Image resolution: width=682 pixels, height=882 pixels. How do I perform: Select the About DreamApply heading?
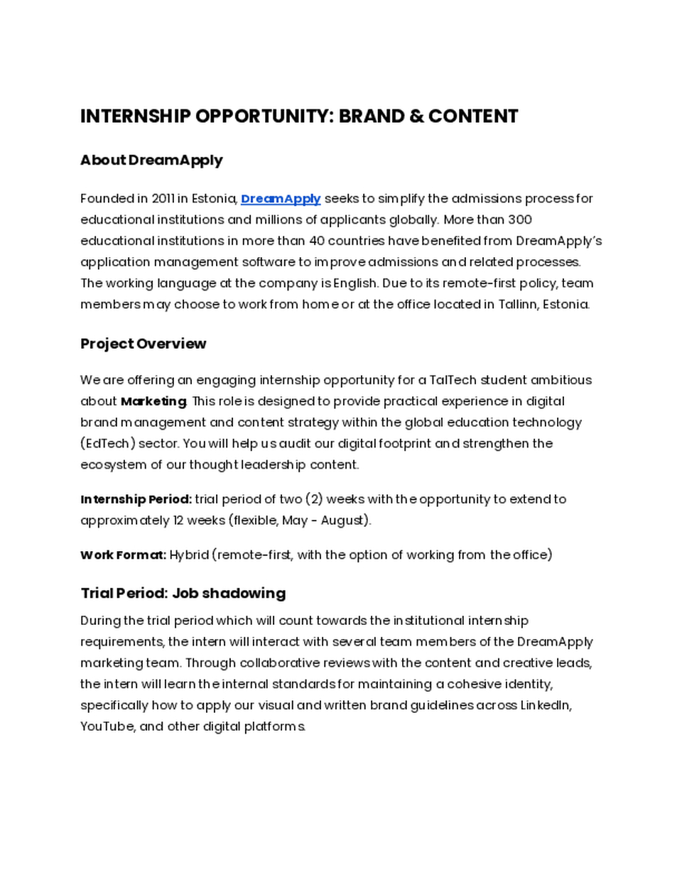151,160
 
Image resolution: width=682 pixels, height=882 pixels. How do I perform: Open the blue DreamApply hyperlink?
281,199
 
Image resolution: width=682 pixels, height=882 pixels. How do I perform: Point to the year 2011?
163,199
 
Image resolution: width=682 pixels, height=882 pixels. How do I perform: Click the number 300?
520,219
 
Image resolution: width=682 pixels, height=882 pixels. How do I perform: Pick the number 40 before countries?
317,241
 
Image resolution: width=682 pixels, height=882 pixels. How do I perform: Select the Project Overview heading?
143,344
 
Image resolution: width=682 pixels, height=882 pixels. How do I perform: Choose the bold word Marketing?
153,402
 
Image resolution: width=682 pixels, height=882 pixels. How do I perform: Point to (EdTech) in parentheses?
107,444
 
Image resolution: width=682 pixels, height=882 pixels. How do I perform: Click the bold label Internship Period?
136,499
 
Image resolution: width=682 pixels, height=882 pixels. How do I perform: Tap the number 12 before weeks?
178,521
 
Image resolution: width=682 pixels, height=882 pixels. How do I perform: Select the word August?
343,521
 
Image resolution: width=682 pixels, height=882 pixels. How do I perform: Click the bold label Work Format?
123,555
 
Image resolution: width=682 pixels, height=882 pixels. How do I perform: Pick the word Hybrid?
188,555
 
